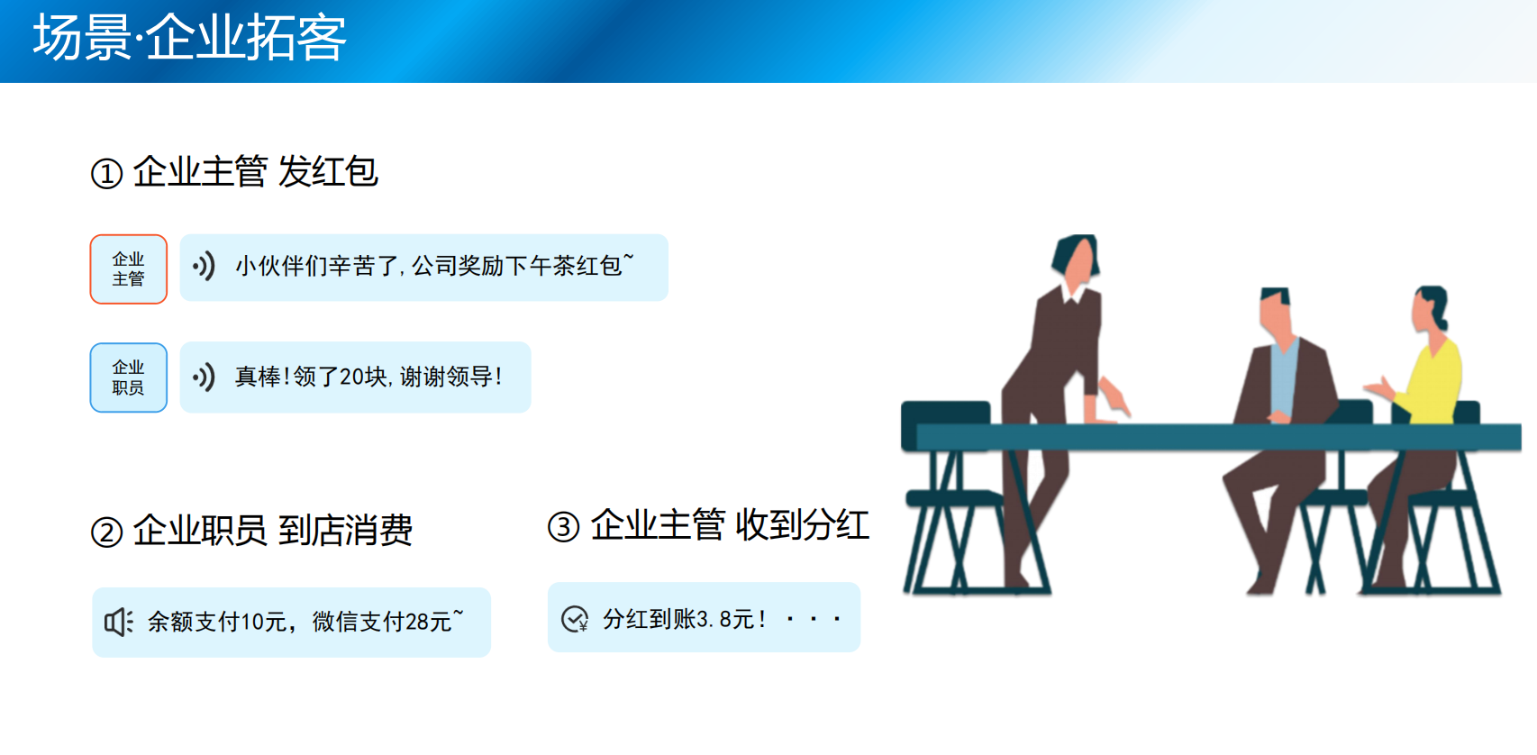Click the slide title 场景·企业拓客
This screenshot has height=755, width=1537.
(x=189, y=39)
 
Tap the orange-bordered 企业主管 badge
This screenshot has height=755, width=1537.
(x=128, y=269)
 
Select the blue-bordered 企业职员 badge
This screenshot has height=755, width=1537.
(x=128, y=377)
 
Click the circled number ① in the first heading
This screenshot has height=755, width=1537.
(x=106, y=174)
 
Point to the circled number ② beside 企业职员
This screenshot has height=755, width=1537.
(x=106, y=532)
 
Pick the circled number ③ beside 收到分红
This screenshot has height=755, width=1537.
(x=563, y=527)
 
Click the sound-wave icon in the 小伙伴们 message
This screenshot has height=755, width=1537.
(x=204, y=266)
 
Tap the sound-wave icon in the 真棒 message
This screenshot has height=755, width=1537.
(x=204, y=377)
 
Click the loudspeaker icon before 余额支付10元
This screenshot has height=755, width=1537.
(x=118, y=622)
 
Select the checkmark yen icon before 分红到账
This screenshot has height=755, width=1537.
(x=575, y=618)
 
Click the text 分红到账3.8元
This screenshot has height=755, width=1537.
(x=685, y=619)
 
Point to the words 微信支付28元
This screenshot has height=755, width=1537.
(x=388, y=621)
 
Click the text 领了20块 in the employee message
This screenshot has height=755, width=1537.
(x=341, y=377)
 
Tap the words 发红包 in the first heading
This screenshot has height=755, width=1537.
(x=328, y=171)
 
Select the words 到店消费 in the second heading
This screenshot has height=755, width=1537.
(x=345, y=531)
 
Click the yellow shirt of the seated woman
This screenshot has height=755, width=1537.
(x=1432, y=382)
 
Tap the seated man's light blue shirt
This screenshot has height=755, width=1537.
(x=1285, y=377)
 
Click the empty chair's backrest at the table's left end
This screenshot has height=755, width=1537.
(x=945, y=424)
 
